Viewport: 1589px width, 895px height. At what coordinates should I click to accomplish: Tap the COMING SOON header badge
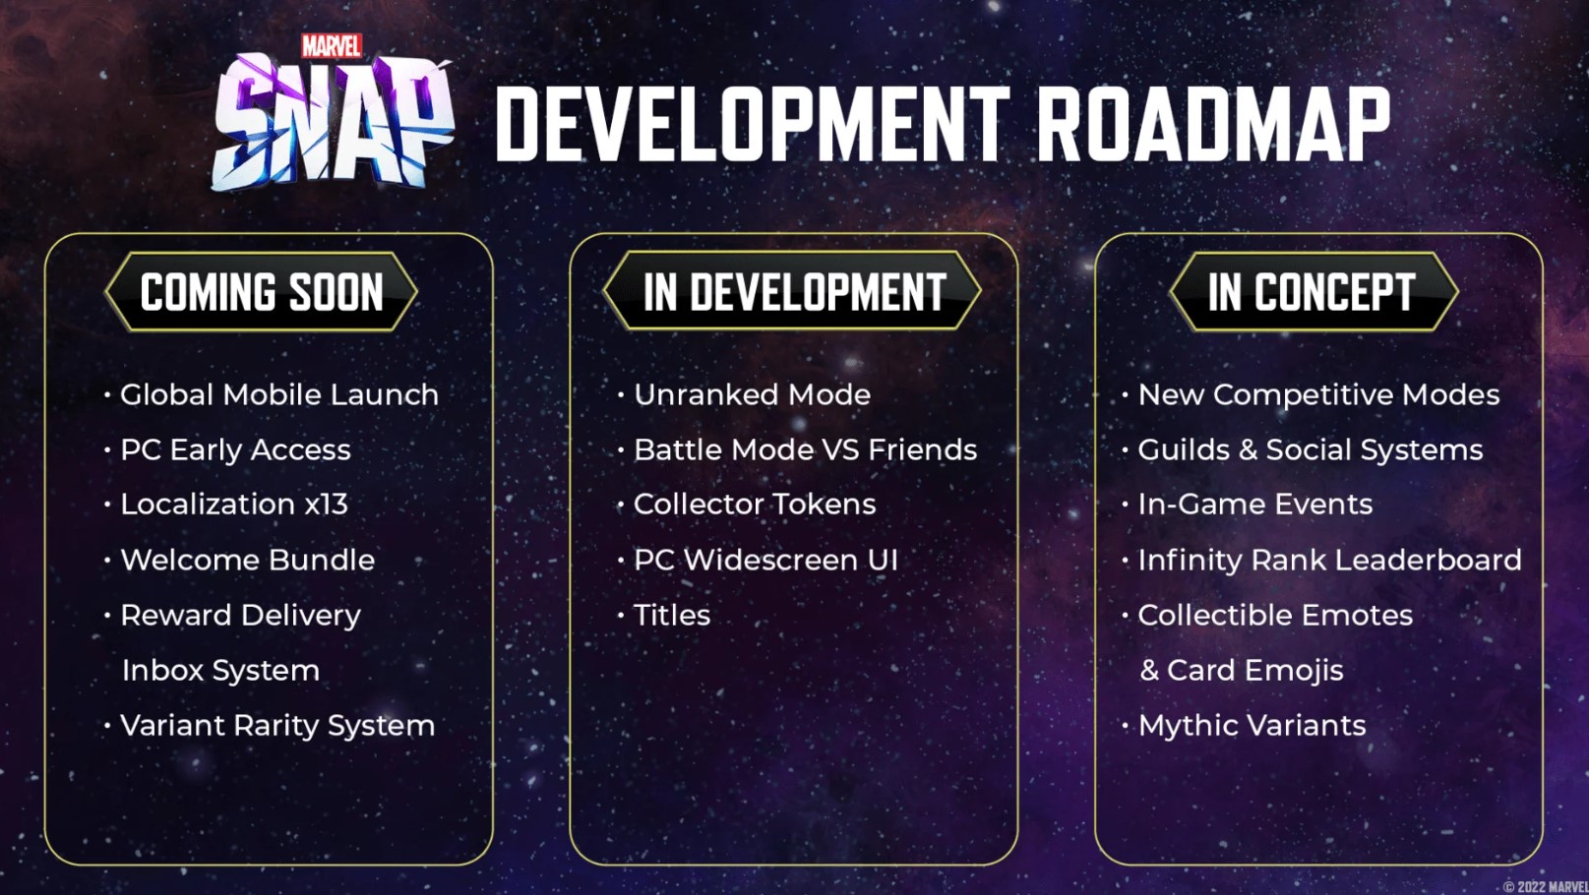(x=262, y=292)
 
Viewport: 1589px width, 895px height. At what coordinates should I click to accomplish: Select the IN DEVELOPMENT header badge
(x=793, y=292)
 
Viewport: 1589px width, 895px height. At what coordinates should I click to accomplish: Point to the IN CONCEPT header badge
(x=1313, y=292)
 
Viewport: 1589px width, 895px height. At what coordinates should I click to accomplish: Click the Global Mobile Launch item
(x=278, y=395)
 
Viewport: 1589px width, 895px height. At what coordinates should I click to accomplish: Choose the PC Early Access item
(x=235, y=450)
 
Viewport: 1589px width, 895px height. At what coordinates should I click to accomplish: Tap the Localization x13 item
(x=234, y=505)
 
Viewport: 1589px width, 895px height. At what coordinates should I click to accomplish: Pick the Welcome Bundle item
(x=247, y=561)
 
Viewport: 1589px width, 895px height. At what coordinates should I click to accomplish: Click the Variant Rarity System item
(x=276, y=726)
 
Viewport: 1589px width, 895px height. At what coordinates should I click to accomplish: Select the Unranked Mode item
(x=752, y=395)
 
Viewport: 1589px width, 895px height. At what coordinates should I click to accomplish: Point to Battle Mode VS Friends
(x=805, y=450)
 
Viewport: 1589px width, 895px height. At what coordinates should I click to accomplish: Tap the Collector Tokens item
(x=755, y=505)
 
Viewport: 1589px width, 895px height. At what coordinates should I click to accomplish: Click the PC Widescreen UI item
(x=765, y=561)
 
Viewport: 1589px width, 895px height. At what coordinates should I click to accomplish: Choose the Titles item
(x=672, y=616)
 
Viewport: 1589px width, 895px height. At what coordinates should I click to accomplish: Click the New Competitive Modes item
(x=1318, y=395)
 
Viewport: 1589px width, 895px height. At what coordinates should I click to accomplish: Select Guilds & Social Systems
(x=1310, y=450)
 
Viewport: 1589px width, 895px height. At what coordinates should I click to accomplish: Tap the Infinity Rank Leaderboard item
(x=1329, y=561)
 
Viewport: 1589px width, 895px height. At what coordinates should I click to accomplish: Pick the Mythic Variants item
(x=1252, y=726)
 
